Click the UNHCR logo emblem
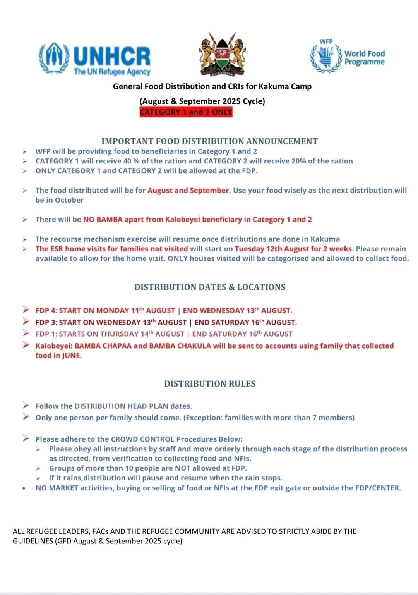pyautogui.click(x=54, y=58)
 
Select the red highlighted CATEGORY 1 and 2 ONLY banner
pyautogui.click(x=186, y=112)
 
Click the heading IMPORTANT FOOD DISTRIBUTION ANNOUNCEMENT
pyautogui.click(x=209, y=141)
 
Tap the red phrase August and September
pyautogui.click(x=188, y=190)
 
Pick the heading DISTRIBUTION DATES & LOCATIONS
pyautogui.click(x=209, y=287)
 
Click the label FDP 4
pyautogui.click(x=46, y=311)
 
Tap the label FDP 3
pyautogui.click(x=46, y=322)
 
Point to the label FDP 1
pyautogui.click(x=46, y=334)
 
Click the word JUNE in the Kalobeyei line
pyautogui.click(x=71, y=356)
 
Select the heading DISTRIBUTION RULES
pyautogui.click(x=209, y=384)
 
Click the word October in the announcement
pyautogui.click(x=69, y=200)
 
